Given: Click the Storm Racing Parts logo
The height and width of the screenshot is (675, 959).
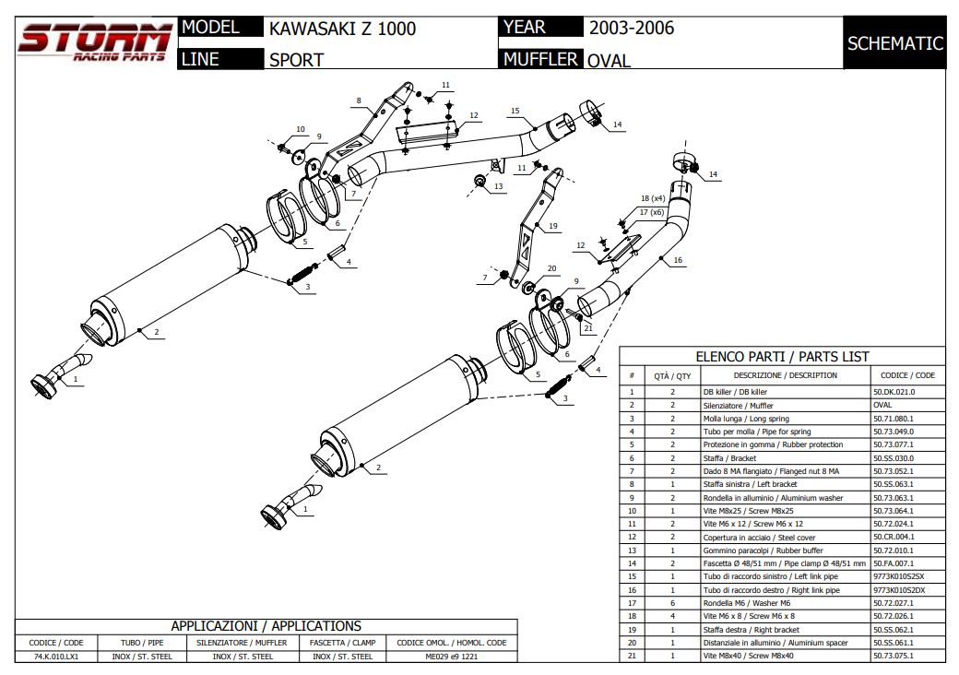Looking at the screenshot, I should click(94, 41).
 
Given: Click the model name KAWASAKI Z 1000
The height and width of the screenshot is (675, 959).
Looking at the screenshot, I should click(342, 29).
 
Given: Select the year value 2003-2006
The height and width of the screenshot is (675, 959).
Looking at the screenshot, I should click(632, 28).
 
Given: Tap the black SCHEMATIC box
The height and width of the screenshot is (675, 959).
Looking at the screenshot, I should click(894, 43).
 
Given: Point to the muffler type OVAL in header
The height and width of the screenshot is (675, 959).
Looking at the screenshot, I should click(610, 61).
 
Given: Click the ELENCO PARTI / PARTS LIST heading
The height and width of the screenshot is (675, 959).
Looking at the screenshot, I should click(781, 357).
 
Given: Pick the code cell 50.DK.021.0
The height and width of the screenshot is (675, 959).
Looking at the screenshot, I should click(894, 392).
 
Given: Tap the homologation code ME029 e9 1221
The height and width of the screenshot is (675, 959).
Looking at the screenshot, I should click(452, 657).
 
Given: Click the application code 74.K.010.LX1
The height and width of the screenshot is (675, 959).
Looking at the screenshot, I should click(56, 657).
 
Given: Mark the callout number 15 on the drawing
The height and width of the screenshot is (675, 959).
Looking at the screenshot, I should click(515, 111).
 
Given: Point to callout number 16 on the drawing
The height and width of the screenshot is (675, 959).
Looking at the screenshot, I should click(678, 261).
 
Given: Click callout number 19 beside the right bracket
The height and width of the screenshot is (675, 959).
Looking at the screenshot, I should click(552, 226).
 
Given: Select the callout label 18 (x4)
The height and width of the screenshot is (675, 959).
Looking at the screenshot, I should click(653, 198).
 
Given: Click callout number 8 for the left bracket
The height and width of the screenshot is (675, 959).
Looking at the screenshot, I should click(359, 100).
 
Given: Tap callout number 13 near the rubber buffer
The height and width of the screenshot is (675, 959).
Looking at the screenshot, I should click(498, 187).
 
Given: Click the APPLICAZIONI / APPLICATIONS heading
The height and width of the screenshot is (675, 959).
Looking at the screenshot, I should click(266, 626).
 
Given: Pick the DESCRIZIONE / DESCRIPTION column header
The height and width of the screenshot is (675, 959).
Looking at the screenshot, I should click(785, 375).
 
